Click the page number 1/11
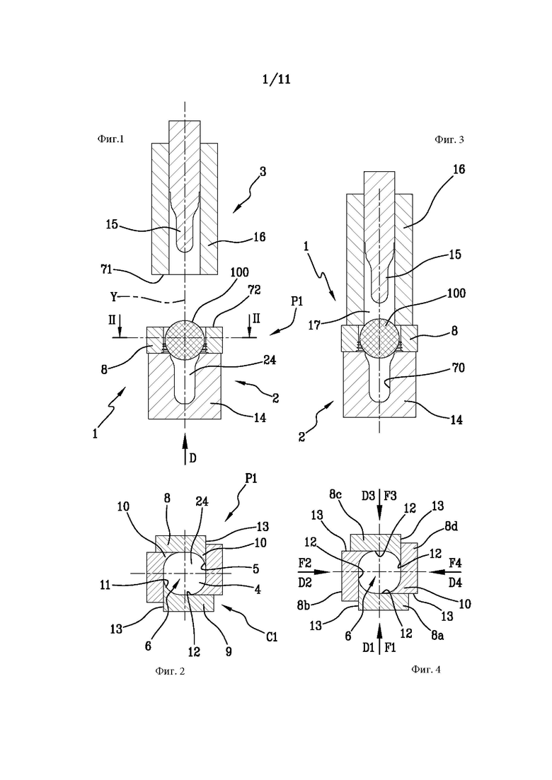coord(276,79)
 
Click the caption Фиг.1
coord(110,139)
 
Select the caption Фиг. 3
coord(449,139)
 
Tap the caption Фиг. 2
coord(170,671)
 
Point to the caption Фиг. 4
coord(425,669)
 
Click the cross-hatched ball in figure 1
coord(185,338)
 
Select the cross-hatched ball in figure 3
coord(380,338)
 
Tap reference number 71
coord(106,270)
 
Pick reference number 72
coord(254,290)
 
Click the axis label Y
coord(114,297)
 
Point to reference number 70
coord(459,368)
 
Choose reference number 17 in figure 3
coord(314,326)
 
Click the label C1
coord(271,636)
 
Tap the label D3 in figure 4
coord(368,496)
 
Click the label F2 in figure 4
coord(305,563)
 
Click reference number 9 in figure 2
coord(229,651)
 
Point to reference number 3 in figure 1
coord(263,172)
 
